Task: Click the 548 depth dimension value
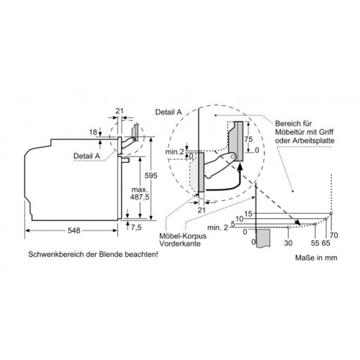tap(73, 230)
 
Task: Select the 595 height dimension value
tap(150, 176)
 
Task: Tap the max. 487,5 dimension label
tap(140, 194)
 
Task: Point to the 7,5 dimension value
tap(136, 228)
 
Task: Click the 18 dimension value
tap(93, 132)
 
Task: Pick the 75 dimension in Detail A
tap(248, 139)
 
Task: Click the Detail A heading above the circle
tap(168, 112)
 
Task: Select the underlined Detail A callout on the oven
tap(86, 156)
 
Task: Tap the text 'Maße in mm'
tap(316, 258)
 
